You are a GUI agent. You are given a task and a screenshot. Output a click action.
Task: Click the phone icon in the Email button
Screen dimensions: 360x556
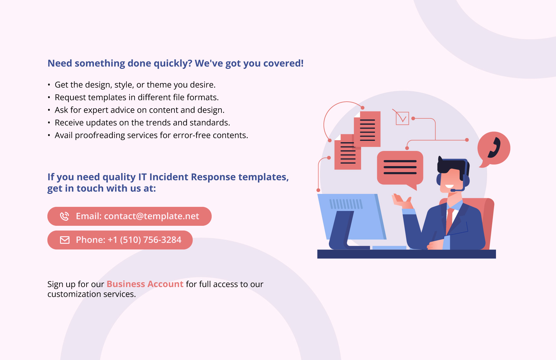64,216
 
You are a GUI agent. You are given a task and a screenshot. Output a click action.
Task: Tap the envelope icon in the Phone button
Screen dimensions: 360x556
65,240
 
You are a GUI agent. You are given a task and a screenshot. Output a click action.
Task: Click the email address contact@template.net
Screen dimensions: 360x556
151,216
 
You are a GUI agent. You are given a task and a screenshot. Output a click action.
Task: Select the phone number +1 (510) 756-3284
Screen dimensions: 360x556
144,240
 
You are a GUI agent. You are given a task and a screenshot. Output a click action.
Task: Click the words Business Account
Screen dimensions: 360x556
145,284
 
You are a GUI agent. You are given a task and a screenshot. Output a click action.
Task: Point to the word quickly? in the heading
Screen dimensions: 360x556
173,63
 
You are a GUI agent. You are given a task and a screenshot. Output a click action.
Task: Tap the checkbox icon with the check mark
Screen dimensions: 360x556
402,118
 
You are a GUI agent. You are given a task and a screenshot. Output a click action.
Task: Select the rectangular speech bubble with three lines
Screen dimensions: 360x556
400,168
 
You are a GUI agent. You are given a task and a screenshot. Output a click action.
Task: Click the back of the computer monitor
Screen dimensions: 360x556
351,216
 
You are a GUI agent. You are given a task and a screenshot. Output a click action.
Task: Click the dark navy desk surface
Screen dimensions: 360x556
406,254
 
